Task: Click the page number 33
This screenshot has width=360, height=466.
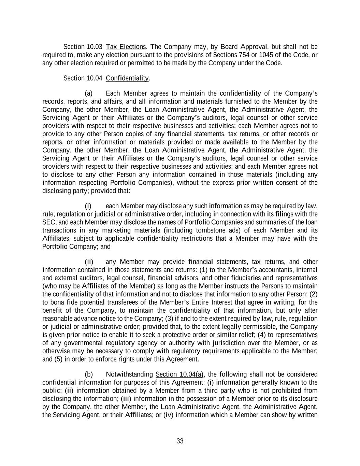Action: point(180,441)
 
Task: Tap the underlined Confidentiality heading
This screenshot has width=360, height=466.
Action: point(127,78)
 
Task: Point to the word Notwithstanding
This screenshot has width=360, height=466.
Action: point(129,375)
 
